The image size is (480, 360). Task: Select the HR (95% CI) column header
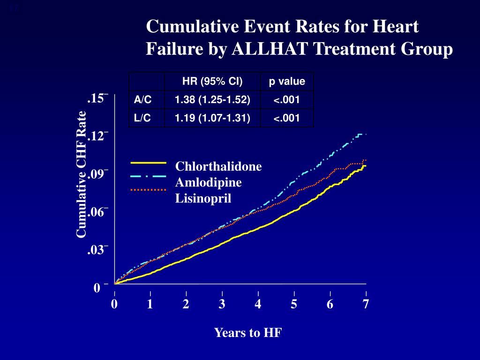(x=212, y=82)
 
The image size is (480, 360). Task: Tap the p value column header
(x=287, y=82)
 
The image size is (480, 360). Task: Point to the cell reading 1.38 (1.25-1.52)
(x=212, y=100)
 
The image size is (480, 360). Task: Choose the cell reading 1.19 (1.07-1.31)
(x=212, y=118)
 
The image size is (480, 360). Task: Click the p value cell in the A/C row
(x=287, y=100)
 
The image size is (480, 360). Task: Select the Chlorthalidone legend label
(x=218, y=167)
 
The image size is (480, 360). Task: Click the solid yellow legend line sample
(x=149, y=163)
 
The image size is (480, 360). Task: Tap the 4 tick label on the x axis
(x=258, y=304)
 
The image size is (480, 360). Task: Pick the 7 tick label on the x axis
(x=366, y=304)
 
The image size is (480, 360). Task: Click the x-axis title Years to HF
(x=248, y=333)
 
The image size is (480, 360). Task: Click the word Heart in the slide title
(x=395, y=27)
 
